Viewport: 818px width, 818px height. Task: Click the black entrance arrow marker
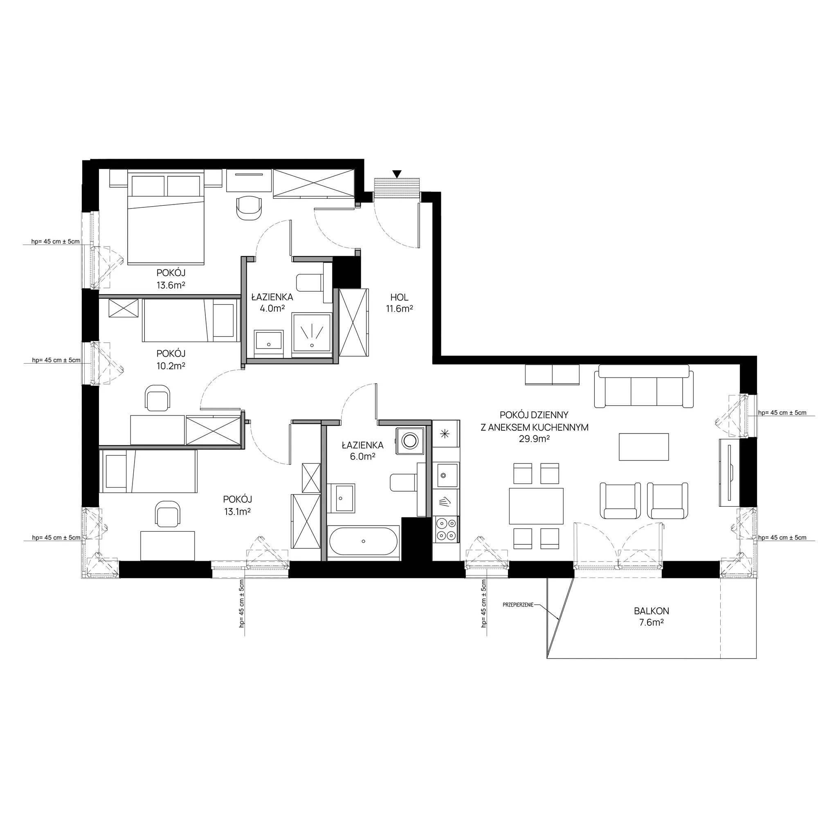coord(397,174)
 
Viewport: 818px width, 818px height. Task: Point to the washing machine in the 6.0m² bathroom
coord(410,440)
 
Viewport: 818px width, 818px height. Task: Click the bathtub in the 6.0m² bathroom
coord(364,541)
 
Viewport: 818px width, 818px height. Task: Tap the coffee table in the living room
coord(644,447)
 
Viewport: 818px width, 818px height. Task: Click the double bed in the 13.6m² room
coord(166,217)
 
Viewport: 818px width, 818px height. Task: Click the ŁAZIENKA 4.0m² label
coord(272,302)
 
